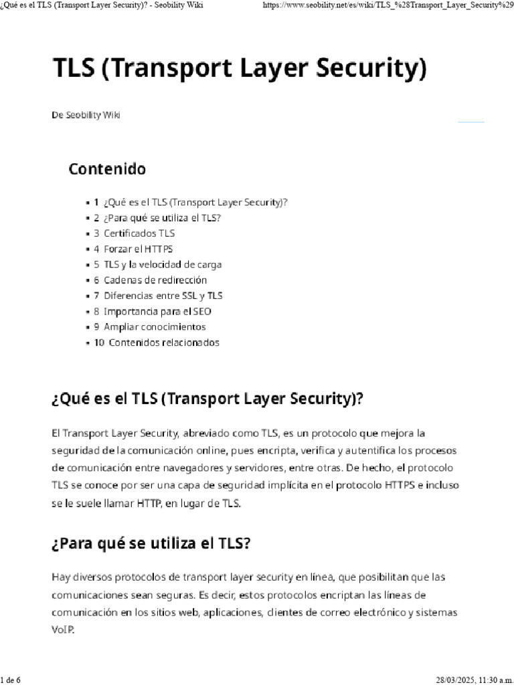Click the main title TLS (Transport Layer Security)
(x=239, y=70)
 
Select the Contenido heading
(x=107, y=169)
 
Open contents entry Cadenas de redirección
(x=155, y=280)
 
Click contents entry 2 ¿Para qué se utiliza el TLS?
(x=162, y=218)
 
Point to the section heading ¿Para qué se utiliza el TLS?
(x=151, y=543)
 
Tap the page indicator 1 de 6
(x=11, y=680)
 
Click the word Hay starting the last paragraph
(x=60, y=577)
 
